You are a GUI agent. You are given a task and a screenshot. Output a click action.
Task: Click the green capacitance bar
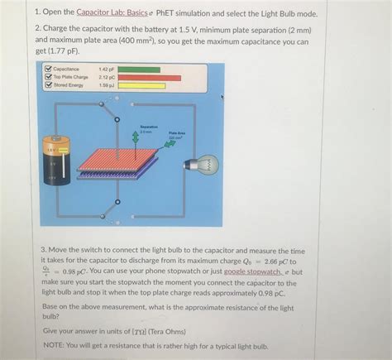[141, 70]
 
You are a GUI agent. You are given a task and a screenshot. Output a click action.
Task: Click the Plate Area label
[176, 132]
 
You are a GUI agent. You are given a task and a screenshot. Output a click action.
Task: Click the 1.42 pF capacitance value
[105, 70]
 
